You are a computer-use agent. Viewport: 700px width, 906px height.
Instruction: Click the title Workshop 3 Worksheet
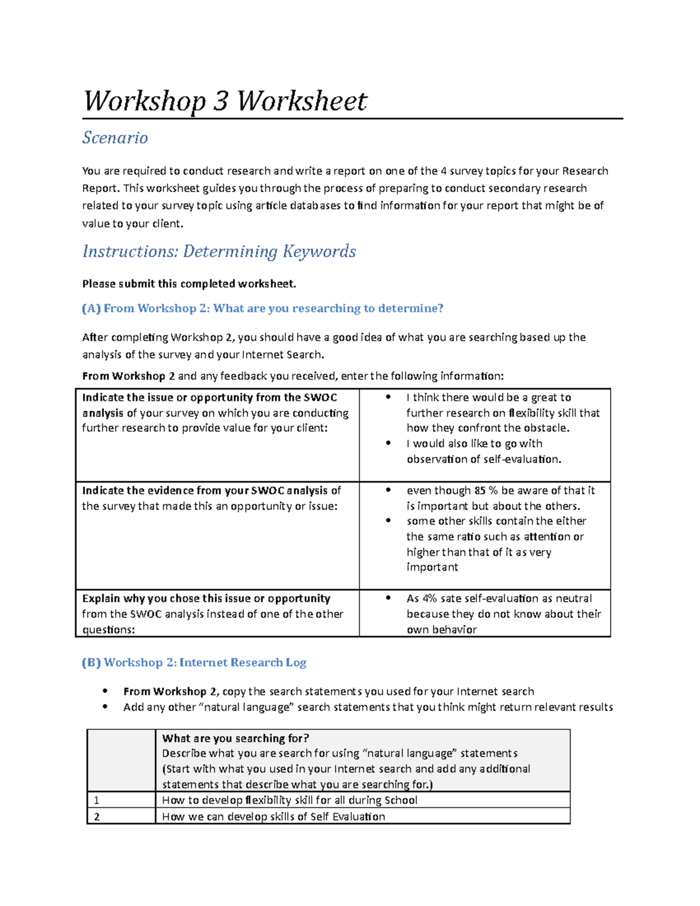[x=225, y=101]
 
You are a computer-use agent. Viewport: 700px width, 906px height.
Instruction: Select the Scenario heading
[x=115, y=138]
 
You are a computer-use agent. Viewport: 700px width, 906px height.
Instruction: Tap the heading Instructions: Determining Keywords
[x=219, y=251]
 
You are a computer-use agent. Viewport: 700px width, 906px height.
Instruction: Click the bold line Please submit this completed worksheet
[x=189, y=284]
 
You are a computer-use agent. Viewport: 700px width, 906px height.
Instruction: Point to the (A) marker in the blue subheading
[x=92, y=309]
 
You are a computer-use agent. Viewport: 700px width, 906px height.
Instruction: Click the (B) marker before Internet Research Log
[x=92, y=663]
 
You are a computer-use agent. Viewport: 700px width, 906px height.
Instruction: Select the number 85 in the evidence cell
[x=480, y=491]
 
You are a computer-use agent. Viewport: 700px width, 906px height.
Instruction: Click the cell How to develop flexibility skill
[x=289, y=800]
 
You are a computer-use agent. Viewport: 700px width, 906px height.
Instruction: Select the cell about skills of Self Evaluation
[x=274, y=817]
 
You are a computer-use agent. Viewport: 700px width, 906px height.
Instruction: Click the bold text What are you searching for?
[x=236, y=739]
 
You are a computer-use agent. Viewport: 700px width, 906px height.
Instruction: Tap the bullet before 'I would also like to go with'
[x=388, y=443]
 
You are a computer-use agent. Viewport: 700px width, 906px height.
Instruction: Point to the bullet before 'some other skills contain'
[x=388, y=521]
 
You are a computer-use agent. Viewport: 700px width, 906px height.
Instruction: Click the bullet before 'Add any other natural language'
[x=105, y=707]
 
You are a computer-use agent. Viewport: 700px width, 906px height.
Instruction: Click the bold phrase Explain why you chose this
[x=206, y=599]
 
